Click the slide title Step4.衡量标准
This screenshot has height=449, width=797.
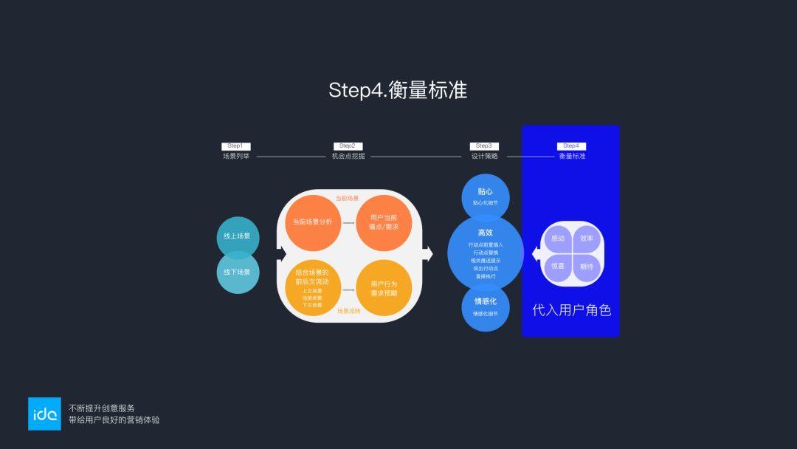click(398, 90)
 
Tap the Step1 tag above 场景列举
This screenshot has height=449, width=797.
click(235, 146)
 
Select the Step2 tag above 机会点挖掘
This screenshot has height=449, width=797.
click(348, 146)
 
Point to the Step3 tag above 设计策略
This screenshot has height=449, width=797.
click(484, 146)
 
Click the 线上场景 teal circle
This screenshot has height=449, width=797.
click(238, 236)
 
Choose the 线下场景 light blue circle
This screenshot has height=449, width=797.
click(238, 273)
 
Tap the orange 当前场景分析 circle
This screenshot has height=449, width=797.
click(313, 222)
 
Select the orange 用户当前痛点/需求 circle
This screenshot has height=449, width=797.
click(383, 222)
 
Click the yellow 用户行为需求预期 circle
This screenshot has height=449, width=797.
click(383, 288)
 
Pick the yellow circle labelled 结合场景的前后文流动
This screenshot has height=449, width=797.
click(313, 288)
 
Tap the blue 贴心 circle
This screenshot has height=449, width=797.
click(486, 196)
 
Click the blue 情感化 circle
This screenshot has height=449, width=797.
click(486, 306)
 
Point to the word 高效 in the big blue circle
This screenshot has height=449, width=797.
click(486, 233)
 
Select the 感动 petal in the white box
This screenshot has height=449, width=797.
click(558, 239)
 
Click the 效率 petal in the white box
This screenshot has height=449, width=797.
click(587, 239)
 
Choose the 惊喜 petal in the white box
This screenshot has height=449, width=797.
click(558, 267)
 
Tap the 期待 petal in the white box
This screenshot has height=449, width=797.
click(587, 267)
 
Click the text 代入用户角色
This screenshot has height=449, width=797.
click(571, 310)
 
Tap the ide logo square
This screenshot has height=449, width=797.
click(44, 414)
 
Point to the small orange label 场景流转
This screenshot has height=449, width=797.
click(348, 311)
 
